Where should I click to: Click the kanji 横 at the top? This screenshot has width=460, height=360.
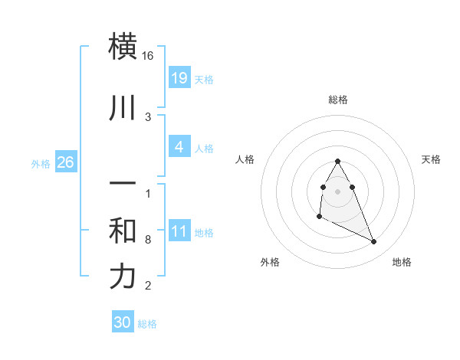point(124,46)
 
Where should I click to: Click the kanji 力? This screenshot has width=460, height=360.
point(124,277)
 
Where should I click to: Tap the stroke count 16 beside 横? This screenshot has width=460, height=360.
point(148,56)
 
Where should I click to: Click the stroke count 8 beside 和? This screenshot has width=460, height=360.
point(148,240)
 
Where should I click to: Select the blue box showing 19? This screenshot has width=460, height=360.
point(179,77)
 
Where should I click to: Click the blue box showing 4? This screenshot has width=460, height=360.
point(179,146)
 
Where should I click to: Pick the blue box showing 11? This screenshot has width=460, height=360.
point(179,231)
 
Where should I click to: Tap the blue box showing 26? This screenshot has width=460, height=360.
point(65,162)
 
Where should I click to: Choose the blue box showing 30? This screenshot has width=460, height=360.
point(123,322)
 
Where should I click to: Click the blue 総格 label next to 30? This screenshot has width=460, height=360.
point(147,324)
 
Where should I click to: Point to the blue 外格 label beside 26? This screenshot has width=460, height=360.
point(41,164)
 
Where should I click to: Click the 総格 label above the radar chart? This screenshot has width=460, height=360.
point(338,100)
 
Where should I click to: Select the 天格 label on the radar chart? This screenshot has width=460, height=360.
point(431,159)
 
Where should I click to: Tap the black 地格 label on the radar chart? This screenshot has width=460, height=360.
point(402,262)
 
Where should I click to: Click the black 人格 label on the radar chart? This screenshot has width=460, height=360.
point(245,159)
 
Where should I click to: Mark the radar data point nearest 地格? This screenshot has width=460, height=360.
point(374,242)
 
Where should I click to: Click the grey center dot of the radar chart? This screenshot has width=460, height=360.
point(338,191)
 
